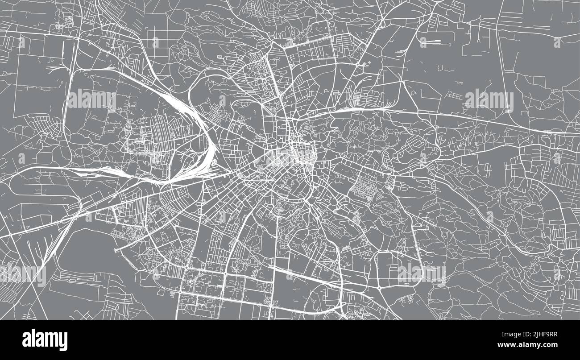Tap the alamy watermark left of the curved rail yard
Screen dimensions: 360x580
pos(91,100)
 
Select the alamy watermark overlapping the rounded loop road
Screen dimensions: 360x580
pos(421,273)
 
